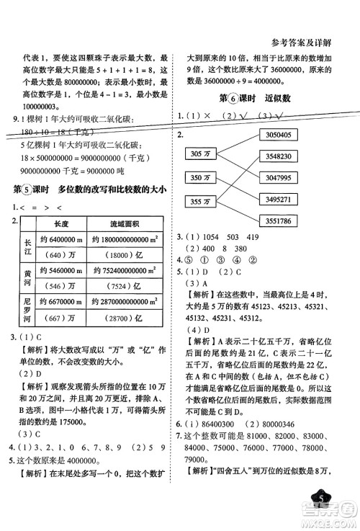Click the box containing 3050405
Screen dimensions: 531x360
(x=277, y=134)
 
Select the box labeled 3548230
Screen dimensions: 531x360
(x=277, y=156)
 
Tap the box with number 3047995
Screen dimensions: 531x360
(x=277, y=177)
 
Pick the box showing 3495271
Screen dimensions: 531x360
(x=277, y=199)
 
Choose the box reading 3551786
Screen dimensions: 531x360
(x=277, y=220)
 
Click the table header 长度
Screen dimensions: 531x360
(x=60, y=224)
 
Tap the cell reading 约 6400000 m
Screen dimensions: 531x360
(x=61, y=240)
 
